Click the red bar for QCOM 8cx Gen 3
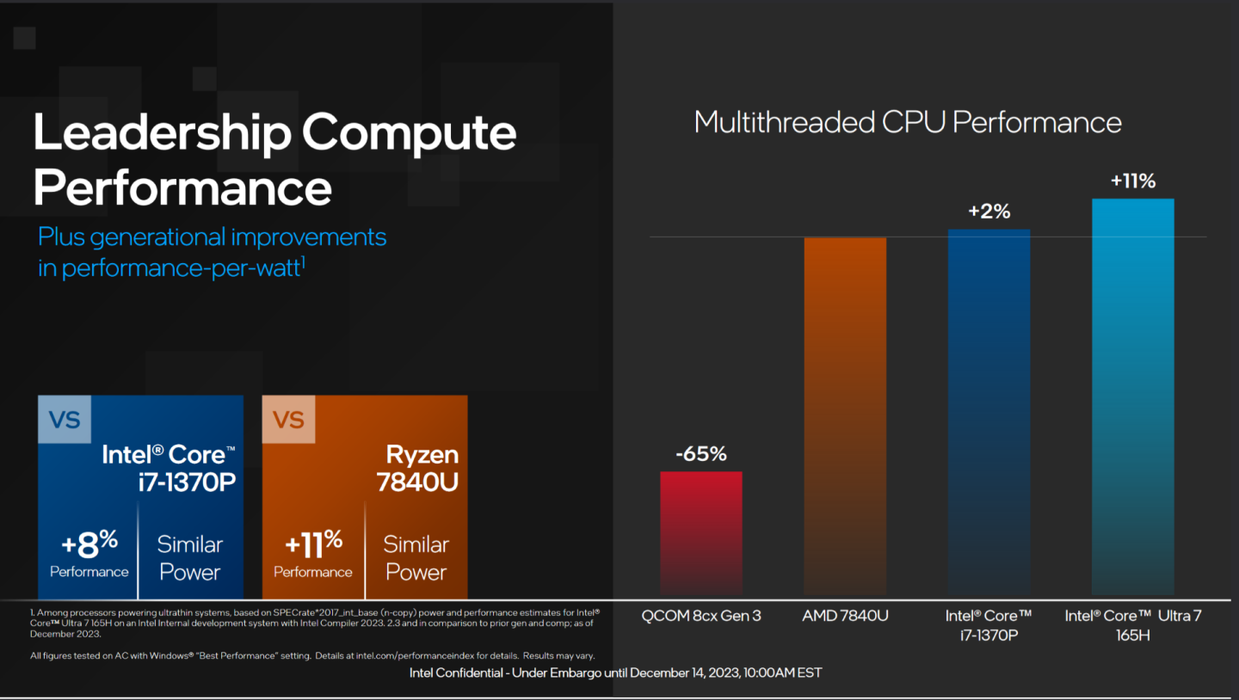(700, 532)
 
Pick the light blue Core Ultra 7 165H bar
(1132, 396)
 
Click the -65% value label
(700, 453)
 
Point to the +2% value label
(989, 211)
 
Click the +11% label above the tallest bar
(1132, 181)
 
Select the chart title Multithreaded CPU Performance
(907, 122)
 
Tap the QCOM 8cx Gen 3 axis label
(700, 616)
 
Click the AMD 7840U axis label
(844, 616)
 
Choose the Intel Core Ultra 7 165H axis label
(1132, 625)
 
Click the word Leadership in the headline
(161, 132)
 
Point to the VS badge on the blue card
(65, 420)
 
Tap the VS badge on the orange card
(288, 420)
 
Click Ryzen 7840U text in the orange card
(417, 468)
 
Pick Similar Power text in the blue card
(189, 558)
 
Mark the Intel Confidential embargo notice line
(615, 672)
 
